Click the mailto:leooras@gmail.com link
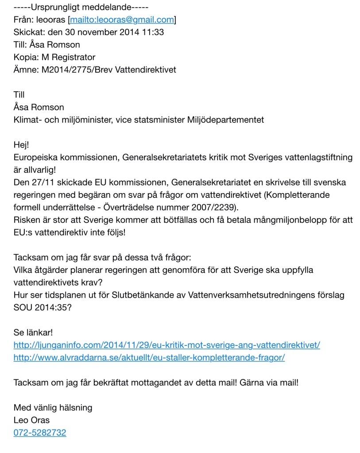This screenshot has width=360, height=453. [x=121, y=19]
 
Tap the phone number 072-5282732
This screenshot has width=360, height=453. [x=40, y=433]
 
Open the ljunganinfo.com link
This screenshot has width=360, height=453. [x=166, y=345]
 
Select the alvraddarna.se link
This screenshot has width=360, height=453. [x=149, y=357]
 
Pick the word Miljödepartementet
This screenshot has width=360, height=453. [x=225, y=120]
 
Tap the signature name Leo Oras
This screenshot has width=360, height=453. [x=31, y=420]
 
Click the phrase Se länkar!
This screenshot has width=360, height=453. [x=33, y=332]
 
